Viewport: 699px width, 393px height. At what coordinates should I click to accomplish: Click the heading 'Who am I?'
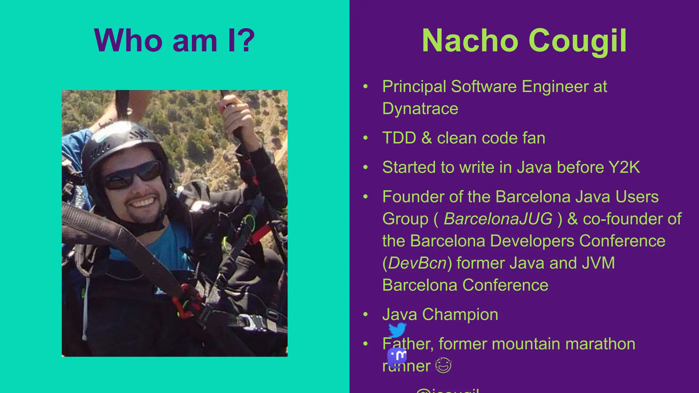pyautogui.click(x=174, y=41)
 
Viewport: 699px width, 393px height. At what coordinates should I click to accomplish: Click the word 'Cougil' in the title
pyautogui.click(x=577, y=41)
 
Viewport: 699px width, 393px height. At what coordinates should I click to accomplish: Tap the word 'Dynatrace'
pyautogui.click(x=420, y=109)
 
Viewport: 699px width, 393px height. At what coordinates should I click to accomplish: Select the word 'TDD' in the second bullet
pyautogui.click(x=399, y=138)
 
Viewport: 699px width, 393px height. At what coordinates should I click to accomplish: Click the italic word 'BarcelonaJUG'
pyautogui.click(x=498, y=219)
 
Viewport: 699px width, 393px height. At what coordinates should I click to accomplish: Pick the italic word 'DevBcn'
pyautogui.click(x=417, y=263)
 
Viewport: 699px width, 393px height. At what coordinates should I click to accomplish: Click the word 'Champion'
pyautogui.click(x=460, y=314)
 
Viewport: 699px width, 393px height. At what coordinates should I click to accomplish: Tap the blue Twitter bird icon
pyautogui.click(x=397, y=330)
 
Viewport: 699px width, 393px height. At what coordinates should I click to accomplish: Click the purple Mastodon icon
pyautogui.click(x=397, y=356)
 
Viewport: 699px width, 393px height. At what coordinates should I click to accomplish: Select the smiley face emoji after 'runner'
pyautogui.click(x=443, y=366)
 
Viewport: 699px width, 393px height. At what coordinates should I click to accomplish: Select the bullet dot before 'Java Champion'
pyautogui.click(x=366, y=314)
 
